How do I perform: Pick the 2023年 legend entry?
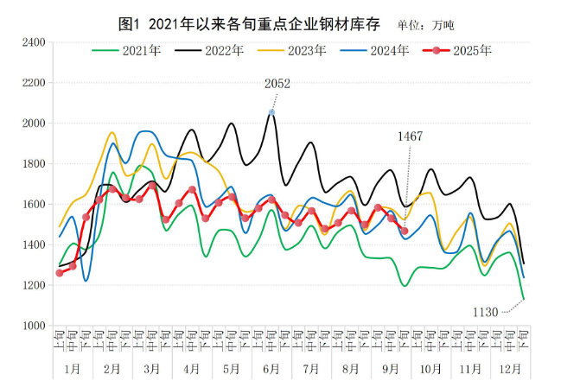[307, 51]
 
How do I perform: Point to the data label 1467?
[411, 136]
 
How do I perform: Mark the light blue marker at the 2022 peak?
[271, 112]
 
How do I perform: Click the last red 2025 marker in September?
[405, 230]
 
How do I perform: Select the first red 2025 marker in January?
[60, 273]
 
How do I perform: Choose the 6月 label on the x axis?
[271, 367]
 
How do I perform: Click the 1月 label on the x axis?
[73, 367]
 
